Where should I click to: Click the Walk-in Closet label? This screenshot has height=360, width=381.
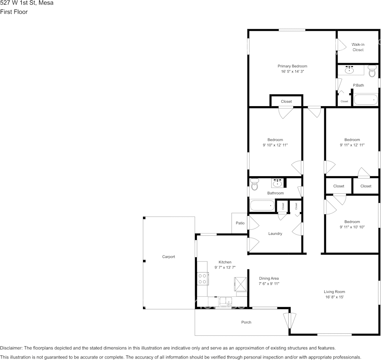[x=358, y=47]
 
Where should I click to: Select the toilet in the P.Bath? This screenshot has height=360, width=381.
[x=372, y=72]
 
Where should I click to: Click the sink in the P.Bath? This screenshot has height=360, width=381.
[x=349, y=70]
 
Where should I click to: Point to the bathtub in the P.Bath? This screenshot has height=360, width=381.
[x=366, y=100]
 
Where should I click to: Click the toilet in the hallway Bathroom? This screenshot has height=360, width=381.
[x=254, y=185]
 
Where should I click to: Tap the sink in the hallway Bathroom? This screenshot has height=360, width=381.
[x=278, y=183]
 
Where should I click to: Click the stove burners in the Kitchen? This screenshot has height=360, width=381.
[x=202, y=279]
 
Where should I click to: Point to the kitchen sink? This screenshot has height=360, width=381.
[x=226, y=301]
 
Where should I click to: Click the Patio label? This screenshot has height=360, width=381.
[x=240, y=223]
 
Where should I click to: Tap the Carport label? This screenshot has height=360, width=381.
[x=168, y=257]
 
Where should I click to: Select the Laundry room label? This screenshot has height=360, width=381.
[x=275, y=234]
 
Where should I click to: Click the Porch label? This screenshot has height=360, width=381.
[x=246, y=322]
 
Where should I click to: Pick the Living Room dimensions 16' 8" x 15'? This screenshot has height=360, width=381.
[x=334, y=297]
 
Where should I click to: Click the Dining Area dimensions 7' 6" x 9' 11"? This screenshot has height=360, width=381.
[x=269, y=284]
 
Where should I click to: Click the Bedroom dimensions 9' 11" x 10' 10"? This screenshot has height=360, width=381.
[x=352, y=227]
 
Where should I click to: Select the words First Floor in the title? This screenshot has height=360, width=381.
[x=14, y=12]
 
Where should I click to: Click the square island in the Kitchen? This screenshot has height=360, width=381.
[x=240, y=284]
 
